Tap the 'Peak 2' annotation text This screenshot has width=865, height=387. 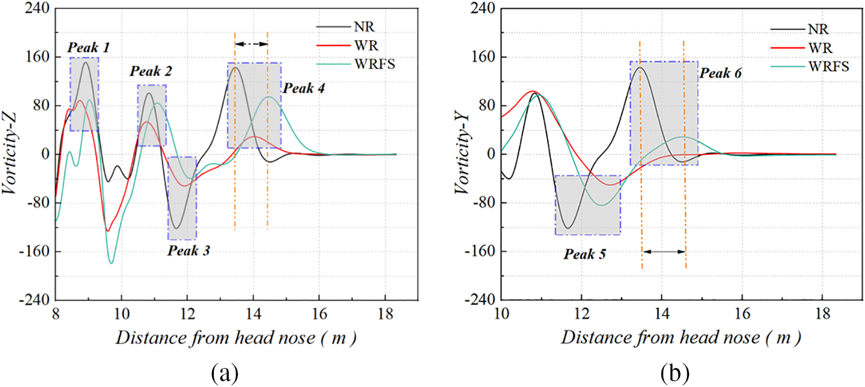click(x=151, y=72)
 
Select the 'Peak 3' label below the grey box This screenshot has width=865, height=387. click(x=189, y=250)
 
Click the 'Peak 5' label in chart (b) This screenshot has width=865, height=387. click(x=585, y=254)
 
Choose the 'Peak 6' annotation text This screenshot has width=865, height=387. click(x=720, y=74)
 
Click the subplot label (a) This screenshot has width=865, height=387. click(x=224, y=374)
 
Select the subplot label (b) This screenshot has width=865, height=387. click(x=675, y=374)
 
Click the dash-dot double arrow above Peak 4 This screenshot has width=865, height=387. click(x=251, y=44)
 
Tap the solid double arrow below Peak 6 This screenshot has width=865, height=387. click(x=664, y=251)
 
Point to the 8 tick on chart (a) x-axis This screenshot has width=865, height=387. click(x=55, y=315)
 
